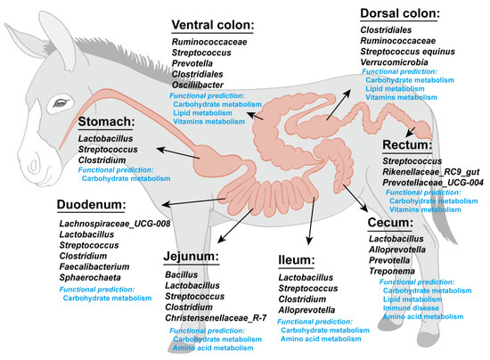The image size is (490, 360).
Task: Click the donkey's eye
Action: tap(60, 103)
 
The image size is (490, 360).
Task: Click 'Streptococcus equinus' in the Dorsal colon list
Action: tap(412, 50)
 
